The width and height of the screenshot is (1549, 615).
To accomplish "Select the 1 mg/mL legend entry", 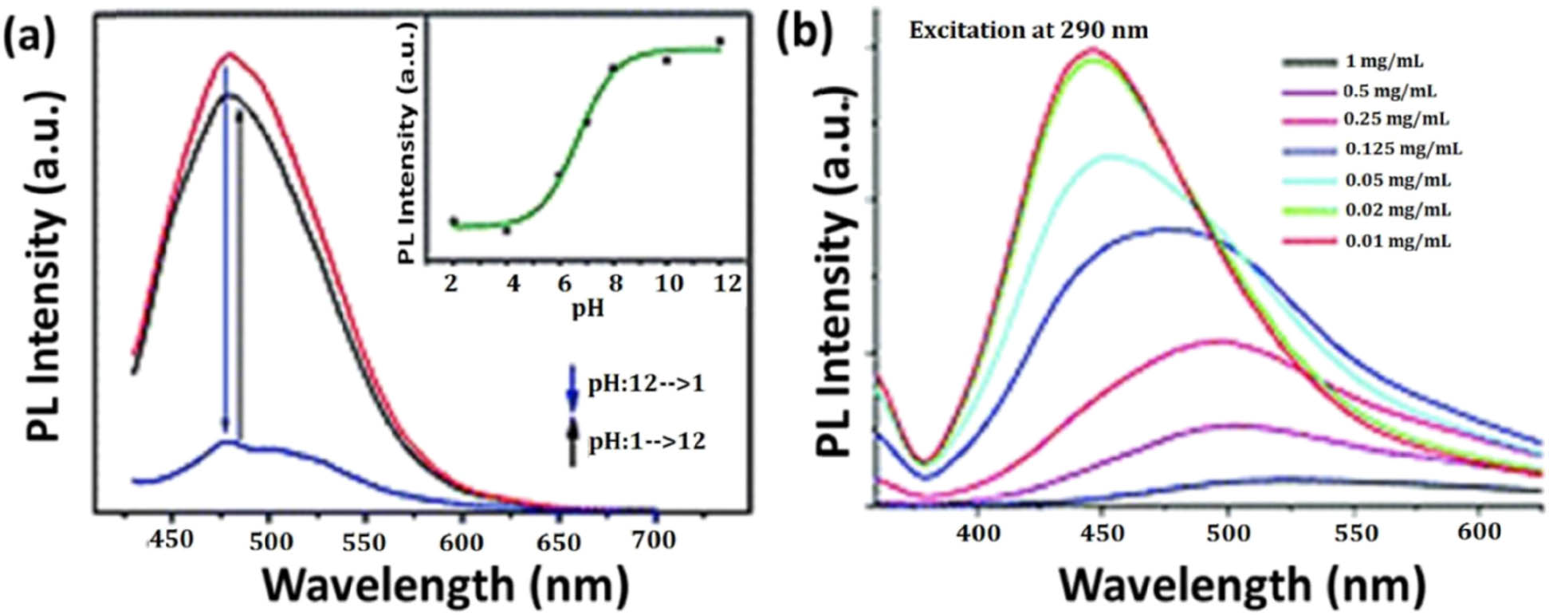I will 1383,61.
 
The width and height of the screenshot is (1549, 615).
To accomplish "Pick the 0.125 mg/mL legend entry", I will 1403,149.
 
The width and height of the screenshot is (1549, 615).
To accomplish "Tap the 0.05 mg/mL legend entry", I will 1398,180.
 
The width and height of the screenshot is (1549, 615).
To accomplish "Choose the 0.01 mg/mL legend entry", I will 1398,240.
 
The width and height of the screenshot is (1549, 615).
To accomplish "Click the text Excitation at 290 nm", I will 1028,30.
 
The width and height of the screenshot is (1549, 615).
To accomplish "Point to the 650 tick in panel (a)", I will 557,542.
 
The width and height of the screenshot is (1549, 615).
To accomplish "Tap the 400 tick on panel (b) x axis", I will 977,532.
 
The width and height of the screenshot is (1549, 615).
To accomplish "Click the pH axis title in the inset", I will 587,309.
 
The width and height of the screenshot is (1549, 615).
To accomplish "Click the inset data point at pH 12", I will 719,41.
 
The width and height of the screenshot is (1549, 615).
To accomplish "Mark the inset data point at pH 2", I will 454,221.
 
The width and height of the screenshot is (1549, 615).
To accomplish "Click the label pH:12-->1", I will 646,384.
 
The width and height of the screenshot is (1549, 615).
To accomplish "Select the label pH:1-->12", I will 646,441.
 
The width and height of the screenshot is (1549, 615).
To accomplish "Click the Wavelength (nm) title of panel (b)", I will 1240,585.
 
